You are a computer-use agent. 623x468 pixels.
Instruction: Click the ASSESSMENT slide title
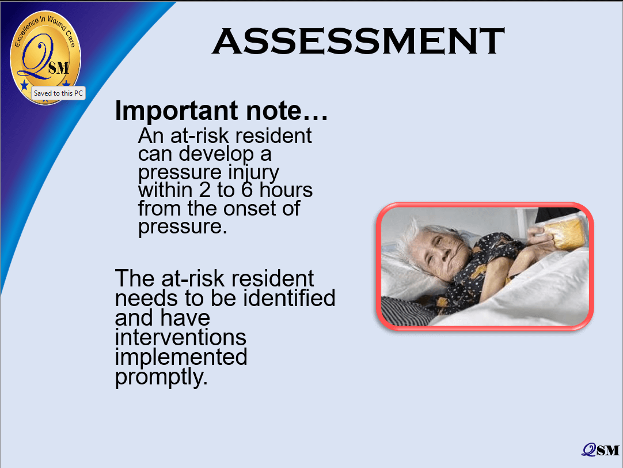358,41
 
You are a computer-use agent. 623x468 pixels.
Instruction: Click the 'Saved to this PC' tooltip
58,93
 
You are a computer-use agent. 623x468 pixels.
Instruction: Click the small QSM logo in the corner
601,450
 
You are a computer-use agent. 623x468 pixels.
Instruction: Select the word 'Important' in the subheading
176,111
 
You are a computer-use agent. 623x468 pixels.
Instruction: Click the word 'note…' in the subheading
287,111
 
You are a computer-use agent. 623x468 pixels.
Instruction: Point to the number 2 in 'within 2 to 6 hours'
204,190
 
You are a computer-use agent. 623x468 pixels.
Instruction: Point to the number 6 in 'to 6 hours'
247,190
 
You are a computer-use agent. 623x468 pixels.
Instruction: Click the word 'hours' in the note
286,190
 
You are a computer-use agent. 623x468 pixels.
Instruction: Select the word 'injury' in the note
253,173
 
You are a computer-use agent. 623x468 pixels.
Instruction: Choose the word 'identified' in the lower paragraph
289,298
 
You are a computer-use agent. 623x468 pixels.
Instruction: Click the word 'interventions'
181,337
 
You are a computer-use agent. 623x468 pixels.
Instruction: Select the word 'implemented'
181,357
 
